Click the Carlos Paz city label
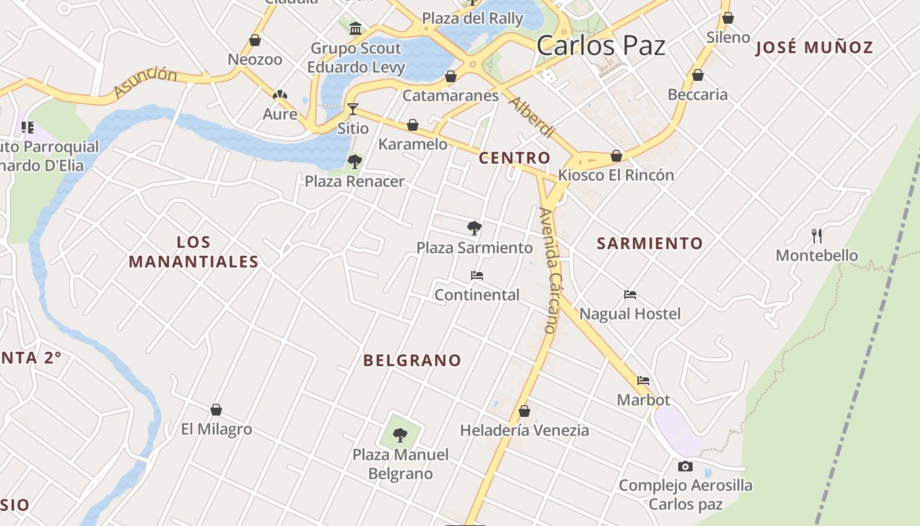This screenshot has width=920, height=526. (601, 45)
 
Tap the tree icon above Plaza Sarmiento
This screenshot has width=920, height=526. (474, 228)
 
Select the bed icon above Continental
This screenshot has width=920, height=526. (477, 275)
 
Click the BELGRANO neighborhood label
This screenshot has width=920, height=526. (412, 360)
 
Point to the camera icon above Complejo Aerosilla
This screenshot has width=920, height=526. (685, 466)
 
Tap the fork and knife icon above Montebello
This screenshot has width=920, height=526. (817, 235)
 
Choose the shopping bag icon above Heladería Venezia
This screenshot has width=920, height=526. (524, 411)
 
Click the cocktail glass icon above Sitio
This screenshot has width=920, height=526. (353, 108)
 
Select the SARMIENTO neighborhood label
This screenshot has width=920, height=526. (649, 243)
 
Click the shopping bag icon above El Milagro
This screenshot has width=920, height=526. (216, 410)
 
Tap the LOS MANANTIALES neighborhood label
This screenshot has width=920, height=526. (193, 252)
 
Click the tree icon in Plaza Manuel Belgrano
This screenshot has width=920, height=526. (400, 435)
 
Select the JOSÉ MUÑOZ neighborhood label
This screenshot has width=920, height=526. (814, 47)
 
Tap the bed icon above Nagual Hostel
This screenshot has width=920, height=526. (630, 295)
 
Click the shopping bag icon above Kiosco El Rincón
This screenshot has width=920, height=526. (616, 156)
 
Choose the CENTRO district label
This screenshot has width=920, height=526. (514, 158)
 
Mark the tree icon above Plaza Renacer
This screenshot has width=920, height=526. (355, 161)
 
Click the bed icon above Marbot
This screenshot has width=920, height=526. (643, 381)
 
